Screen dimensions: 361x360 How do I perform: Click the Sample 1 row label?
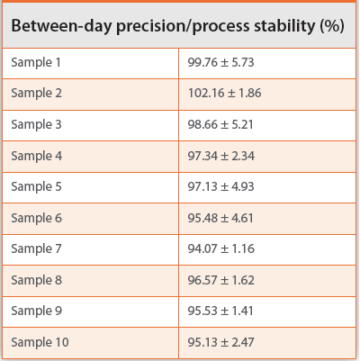[36, 62]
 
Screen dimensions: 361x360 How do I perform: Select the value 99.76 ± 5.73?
[224, 62]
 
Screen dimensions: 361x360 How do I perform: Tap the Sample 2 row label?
[36, 94]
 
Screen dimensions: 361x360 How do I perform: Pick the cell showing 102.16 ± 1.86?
[227, 94]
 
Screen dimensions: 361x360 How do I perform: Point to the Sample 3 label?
[36, 124]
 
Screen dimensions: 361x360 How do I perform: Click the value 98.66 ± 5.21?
[224, 124]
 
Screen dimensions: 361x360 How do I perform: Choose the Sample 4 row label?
[36, 156]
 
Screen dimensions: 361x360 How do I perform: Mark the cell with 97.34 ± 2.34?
[224, 156]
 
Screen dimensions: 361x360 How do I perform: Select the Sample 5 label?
[36, 186]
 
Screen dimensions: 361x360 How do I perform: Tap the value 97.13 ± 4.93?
[224, 186]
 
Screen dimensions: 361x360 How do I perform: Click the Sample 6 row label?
[36, 218]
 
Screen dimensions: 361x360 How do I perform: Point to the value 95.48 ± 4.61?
[224, 218]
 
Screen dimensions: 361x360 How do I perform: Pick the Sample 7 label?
[36, 248]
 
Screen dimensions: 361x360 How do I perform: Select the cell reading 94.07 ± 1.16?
[224, 248]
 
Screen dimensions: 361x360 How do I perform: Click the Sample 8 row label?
[36, 280]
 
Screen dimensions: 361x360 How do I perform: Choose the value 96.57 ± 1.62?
[224, 280]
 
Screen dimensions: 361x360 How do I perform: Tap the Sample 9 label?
[36, 311]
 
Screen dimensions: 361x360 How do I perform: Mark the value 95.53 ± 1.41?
[224, 311]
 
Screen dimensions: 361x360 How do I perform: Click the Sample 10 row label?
[40, 342]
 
